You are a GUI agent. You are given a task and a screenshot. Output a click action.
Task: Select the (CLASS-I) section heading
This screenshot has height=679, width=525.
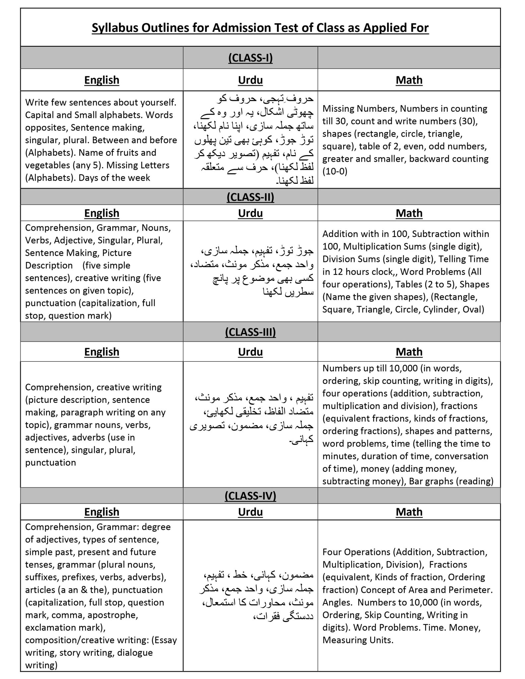click(x=250, y=58)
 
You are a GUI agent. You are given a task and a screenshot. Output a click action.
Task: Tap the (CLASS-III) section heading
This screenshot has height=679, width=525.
click(x=250, y=332)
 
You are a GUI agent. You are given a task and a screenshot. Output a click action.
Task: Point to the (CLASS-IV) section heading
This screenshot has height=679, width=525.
click(x=250, y=496)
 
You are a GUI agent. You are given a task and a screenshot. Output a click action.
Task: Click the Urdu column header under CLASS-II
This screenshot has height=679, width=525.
click(x=250, y=213)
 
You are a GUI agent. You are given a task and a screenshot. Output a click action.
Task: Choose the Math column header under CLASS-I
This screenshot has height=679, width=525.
click(x=409, y=80)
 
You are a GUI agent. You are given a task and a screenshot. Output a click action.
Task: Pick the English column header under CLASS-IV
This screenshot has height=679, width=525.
click(x=101, y=512)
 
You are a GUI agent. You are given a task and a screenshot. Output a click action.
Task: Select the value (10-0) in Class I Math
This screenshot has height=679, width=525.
click(x=335, y=171)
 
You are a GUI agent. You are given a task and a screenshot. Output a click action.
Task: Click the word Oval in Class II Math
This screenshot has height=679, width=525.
click(x=475, y=309)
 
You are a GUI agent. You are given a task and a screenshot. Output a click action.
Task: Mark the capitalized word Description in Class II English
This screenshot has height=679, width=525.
click(x=49, y=265)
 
